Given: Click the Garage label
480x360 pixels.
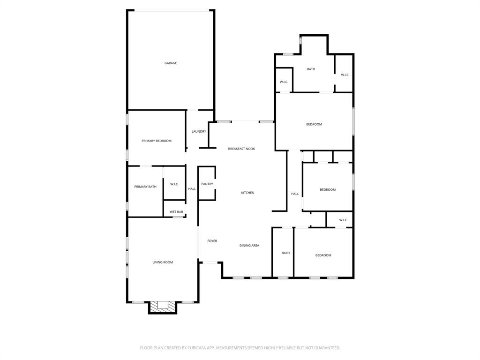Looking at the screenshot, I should point(171,63).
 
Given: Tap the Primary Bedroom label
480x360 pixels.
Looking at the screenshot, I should point(157,141).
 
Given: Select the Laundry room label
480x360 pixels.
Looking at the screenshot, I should point(199,132).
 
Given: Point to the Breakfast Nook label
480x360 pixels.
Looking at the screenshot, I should point(241,149).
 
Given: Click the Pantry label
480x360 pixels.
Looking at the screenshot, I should point(207,184).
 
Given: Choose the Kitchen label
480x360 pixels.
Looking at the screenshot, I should point(247,193).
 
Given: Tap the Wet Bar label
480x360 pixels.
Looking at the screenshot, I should point(176,212).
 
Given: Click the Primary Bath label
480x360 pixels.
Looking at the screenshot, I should point(145,187).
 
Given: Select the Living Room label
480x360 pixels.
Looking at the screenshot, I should point(163,262).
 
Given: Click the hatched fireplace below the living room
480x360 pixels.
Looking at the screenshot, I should point(163,307).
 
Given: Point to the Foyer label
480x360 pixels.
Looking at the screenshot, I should point(212,241).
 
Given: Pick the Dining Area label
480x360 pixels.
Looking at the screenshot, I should point(249,246).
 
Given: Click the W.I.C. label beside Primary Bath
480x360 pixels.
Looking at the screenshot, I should point(174,184).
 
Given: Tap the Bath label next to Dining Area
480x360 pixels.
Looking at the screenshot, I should point(285,253).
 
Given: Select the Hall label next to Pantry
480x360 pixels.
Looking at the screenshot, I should point(192,189).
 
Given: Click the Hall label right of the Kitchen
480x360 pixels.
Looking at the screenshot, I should point(295,194).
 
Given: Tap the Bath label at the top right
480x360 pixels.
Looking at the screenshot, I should point(311,69).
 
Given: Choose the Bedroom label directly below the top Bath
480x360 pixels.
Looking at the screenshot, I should point(314,124).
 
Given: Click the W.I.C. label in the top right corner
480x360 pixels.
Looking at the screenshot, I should point(345,75).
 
